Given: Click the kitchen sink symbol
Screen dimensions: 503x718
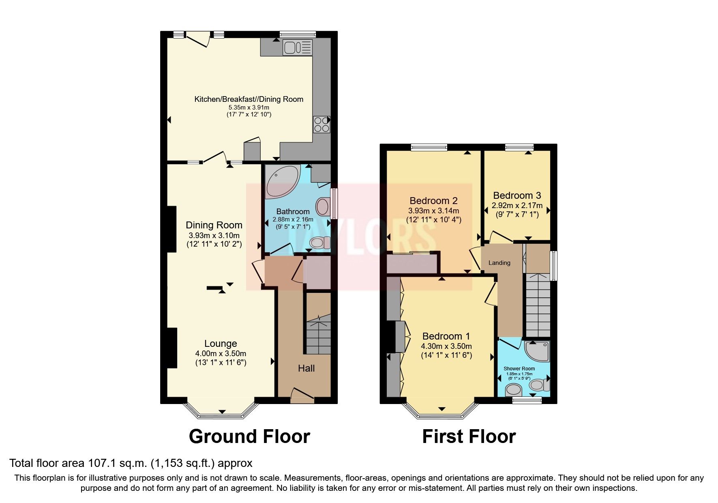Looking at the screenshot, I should point(298,47).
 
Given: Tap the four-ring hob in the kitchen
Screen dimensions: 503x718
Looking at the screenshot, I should point(321,125).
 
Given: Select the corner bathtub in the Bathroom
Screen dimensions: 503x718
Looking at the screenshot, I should point(281,182).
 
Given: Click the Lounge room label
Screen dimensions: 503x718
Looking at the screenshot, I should point(221,344).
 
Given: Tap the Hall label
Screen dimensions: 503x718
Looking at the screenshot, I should point(306,368).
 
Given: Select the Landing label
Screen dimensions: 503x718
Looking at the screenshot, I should point(499,263).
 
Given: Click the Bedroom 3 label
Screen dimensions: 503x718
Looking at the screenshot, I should point(517,196).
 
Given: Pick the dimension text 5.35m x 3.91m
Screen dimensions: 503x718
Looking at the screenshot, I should point(249,107).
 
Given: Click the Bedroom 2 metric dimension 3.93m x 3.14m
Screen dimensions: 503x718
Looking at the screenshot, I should point(433,211).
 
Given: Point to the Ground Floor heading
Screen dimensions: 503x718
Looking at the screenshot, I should point(249,436).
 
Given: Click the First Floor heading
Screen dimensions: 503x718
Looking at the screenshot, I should point(469,436).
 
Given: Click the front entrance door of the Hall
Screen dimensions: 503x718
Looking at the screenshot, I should point(302,396).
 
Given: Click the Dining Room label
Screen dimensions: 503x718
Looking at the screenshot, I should point(214,225).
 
